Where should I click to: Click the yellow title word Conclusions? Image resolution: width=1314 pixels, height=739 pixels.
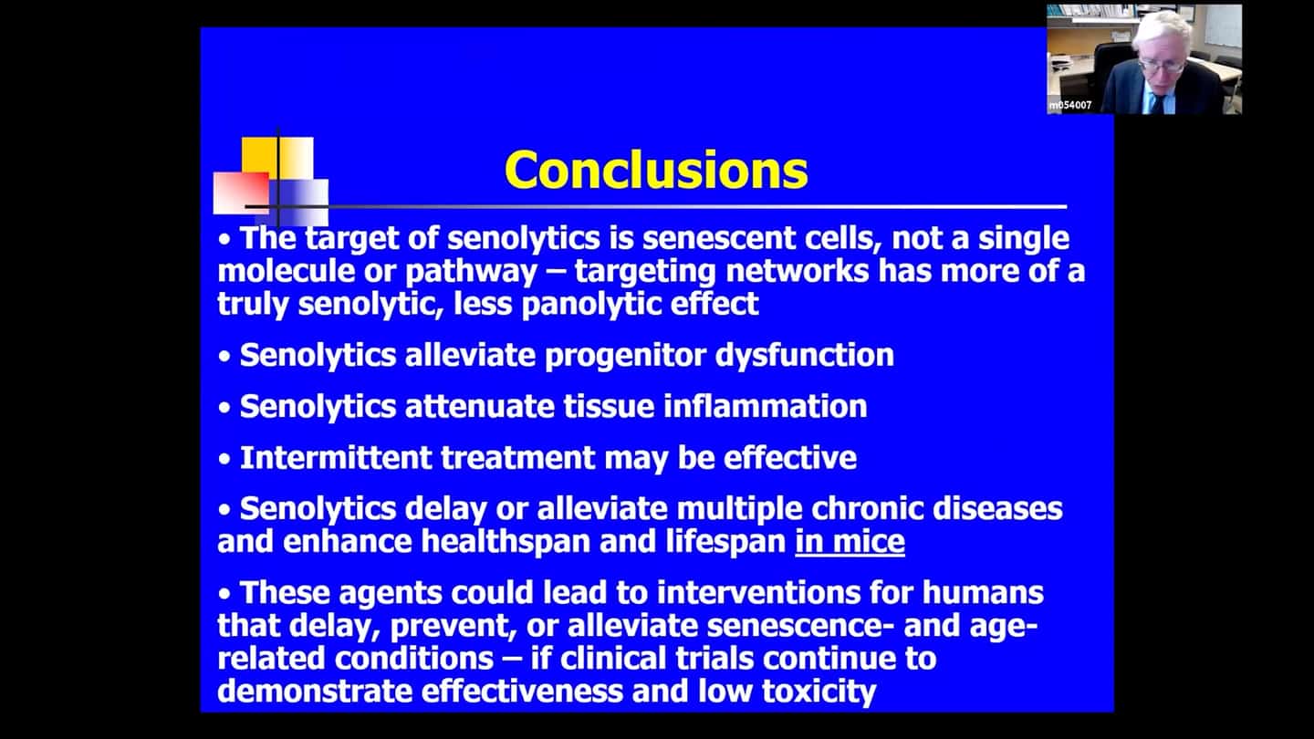656,170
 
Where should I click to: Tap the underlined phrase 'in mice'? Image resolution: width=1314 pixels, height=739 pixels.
850,541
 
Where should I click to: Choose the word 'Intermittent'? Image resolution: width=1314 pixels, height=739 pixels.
336,457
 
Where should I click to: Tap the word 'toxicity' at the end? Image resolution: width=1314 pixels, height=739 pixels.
819,692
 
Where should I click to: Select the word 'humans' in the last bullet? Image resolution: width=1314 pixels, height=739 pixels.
983,592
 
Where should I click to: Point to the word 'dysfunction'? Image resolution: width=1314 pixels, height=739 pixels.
804,356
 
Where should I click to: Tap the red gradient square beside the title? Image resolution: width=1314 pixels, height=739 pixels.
241,193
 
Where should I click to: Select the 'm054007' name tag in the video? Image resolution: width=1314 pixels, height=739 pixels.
1070,106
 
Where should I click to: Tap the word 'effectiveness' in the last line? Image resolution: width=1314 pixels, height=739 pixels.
522,692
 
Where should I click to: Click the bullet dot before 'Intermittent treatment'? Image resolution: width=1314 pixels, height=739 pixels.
224,459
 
